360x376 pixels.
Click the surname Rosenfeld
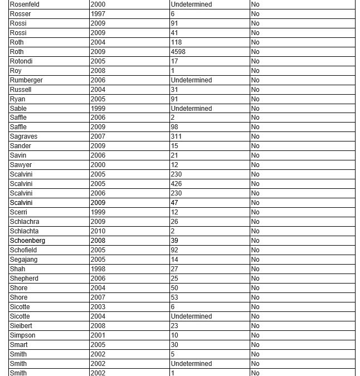tap(25, 4)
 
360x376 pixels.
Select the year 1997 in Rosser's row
tap(98, 14)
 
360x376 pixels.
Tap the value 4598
tap(178, 52)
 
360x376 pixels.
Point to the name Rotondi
tap(21, 61)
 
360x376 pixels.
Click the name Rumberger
tap(26, 80)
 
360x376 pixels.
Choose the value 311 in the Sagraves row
tap(176, 136)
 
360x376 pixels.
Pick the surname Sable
tap(18, 109)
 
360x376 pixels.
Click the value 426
tap(176, 184)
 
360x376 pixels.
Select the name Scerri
tap(18, 212)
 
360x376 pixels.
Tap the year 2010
tap(98, 231)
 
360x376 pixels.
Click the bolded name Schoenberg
tap(27, 241)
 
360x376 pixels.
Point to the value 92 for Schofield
tap(174, 250)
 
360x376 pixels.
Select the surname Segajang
tap(23, 260)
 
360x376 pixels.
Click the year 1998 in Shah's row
tap(98, 269)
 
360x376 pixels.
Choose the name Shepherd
tap(24, 279)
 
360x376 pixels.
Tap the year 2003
tap(98, 307)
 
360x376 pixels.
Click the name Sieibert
tap(22, 326)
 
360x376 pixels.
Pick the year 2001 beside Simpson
tap(98, 335)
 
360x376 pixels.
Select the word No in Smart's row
tap(255, 345)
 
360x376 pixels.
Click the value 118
tap(176, 42)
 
